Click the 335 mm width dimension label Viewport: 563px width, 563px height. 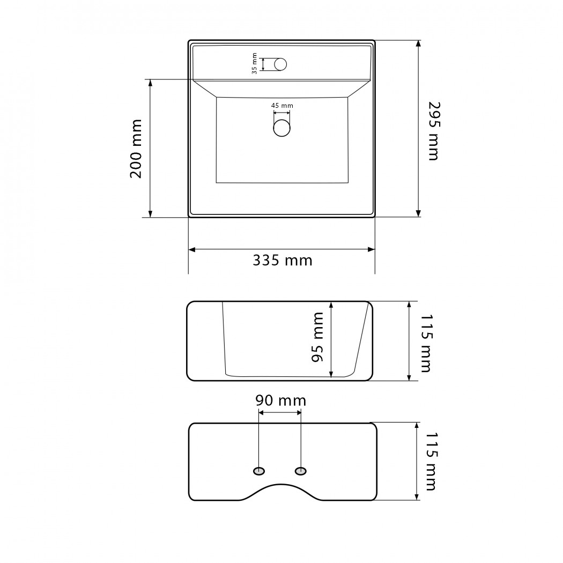[x=283, y=260]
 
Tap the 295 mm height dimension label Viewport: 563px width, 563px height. [x=434, y=131]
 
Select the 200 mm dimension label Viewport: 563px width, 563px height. [x=136, y=149]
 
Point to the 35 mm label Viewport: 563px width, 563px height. [x=254, y=64]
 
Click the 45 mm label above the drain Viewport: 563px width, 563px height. [x=282, y=106]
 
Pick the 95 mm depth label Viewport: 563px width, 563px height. [x=317, y=337]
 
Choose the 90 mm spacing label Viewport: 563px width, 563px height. [x=281, y=401]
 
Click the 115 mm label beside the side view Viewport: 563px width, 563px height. [x=426, y=343]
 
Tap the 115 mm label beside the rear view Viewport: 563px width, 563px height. [x=431, y=461]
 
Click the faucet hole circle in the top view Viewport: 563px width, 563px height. [x=280, y=64]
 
